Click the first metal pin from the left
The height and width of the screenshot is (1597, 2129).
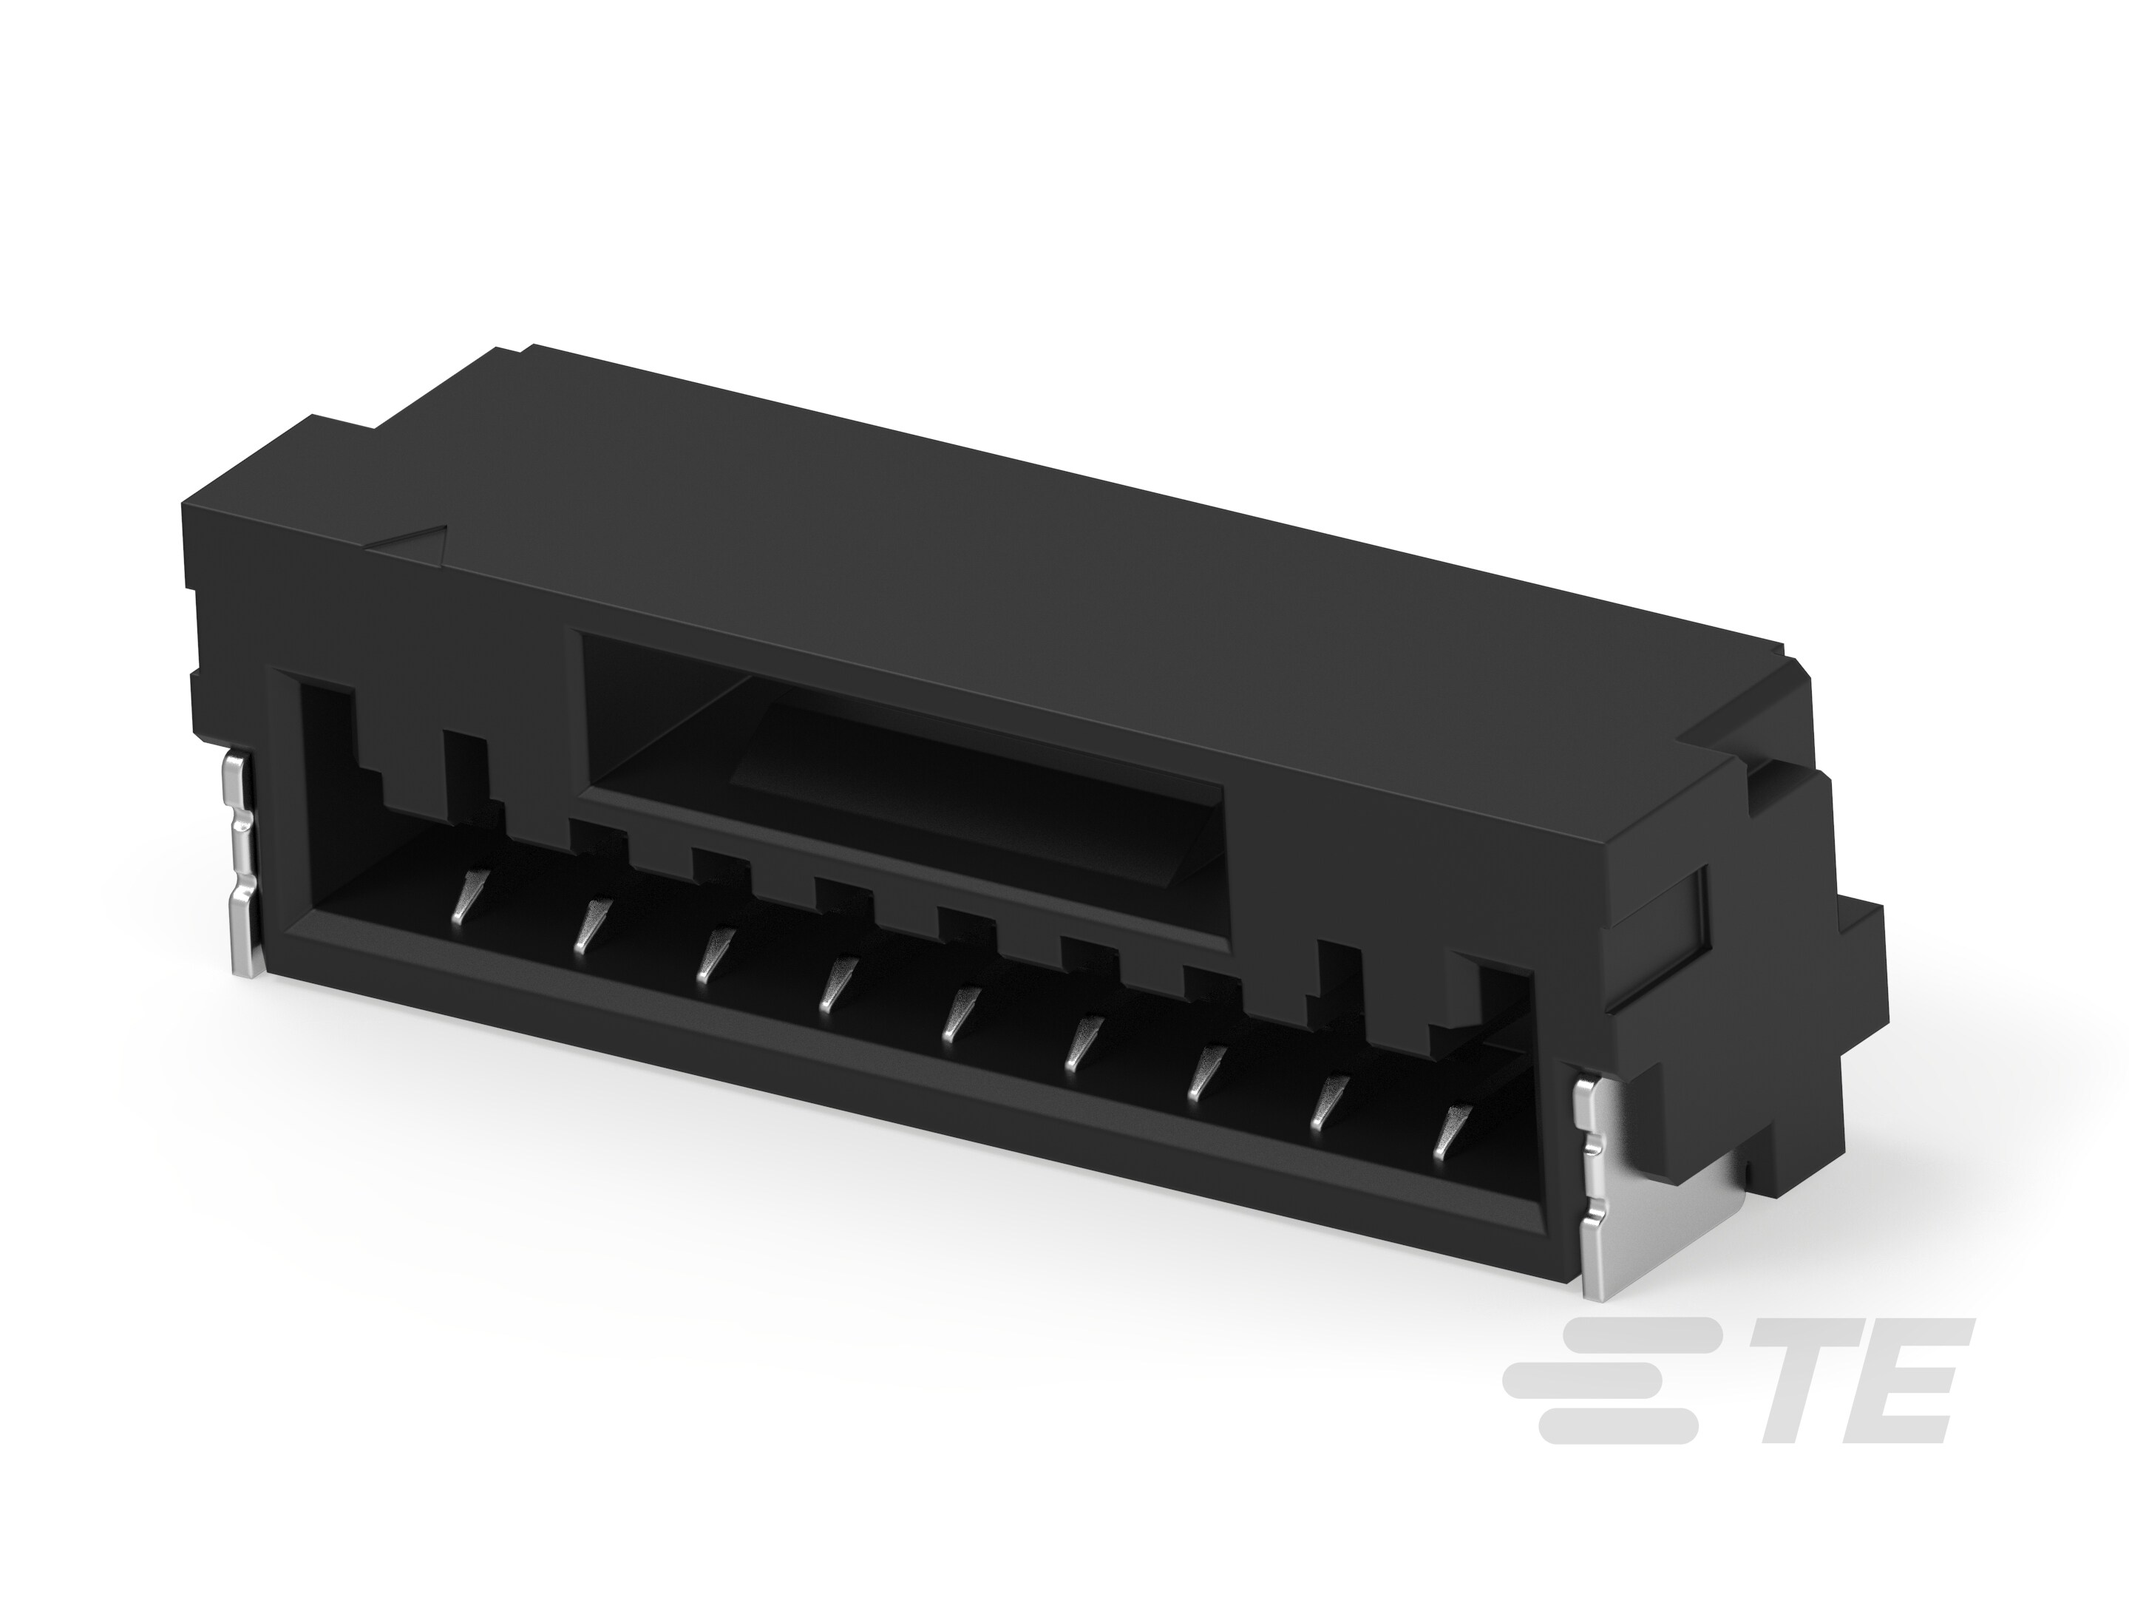tap(466, 896)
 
